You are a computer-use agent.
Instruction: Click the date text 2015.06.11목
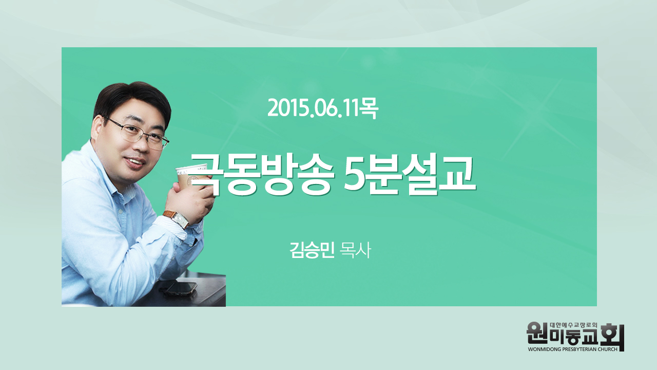[323, 108]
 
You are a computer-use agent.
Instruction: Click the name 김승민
[312, 250]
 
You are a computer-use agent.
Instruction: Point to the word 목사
[355, 250]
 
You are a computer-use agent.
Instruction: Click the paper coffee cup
[192, 178]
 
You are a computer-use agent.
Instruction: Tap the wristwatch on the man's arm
[177, 219]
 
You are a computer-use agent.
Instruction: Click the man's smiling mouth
[136, 162]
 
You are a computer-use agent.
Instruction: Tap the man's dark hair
[132, 100]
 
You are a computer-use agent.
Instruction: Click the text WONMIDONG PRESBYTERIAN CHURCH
[572, 349]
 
